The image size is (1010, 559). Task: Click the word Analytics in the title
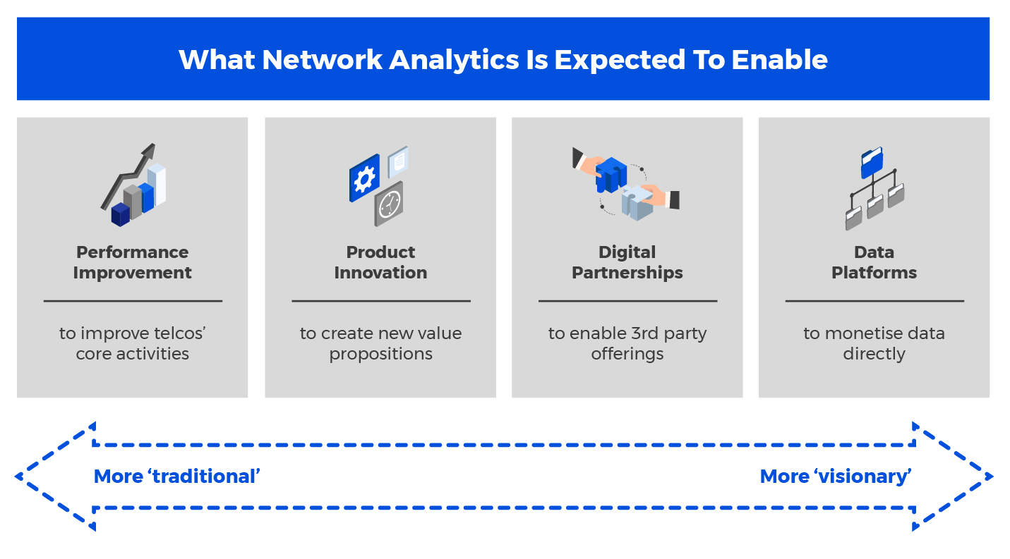coord(454,61)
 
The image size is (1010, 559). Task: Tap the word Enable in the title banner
coord(779,60)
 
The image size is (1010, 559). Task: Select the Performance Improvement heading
coord(132,263)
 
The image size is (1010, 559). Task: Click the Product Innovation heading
coord(380,263)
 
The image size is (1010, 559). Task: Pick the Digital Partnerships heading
coord(627,263)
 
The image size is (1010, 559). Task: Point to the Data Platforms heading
coord(874,263)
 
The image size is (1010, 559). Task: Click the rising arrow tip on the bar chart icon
coord(150,149)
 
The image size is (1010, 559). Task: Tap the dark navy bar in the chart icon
coord(121,214)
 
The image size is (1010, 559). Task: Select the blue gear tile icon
coord(364,178)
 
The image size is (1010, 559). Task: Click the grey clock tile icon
coord(389,204)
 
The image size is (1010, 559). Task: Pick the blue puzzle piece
coord(611,175)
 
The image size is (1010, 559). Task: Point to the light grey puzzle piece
coord(637,202)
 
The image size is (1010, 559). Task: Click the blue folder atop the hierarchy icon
coord(872,163)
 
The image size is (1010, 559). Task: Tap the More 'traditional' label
coord(176,477)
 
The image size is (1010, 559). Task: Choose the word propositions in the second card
coord(380,355)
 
